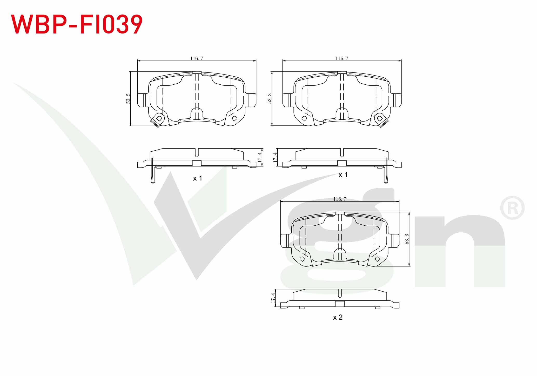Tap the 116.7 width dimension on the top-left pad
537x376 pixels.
point(197,58)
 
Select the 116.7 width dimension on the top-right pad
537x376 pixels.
point(342,58)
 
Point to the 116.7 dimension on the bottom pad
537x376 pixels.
point(340,199)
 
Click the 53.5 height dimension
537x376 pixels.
point(128,99)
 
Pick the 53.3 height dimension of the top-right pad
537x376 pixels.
point(270,99)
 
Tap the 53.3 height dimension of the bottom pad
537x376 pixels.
point(407,239)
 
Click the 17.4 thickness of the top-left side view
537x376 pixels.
point(260,157)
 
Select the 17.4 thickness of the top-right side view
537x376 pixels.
point(275,157)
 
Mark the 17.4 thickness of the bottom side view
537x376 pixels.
point(273,298)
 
